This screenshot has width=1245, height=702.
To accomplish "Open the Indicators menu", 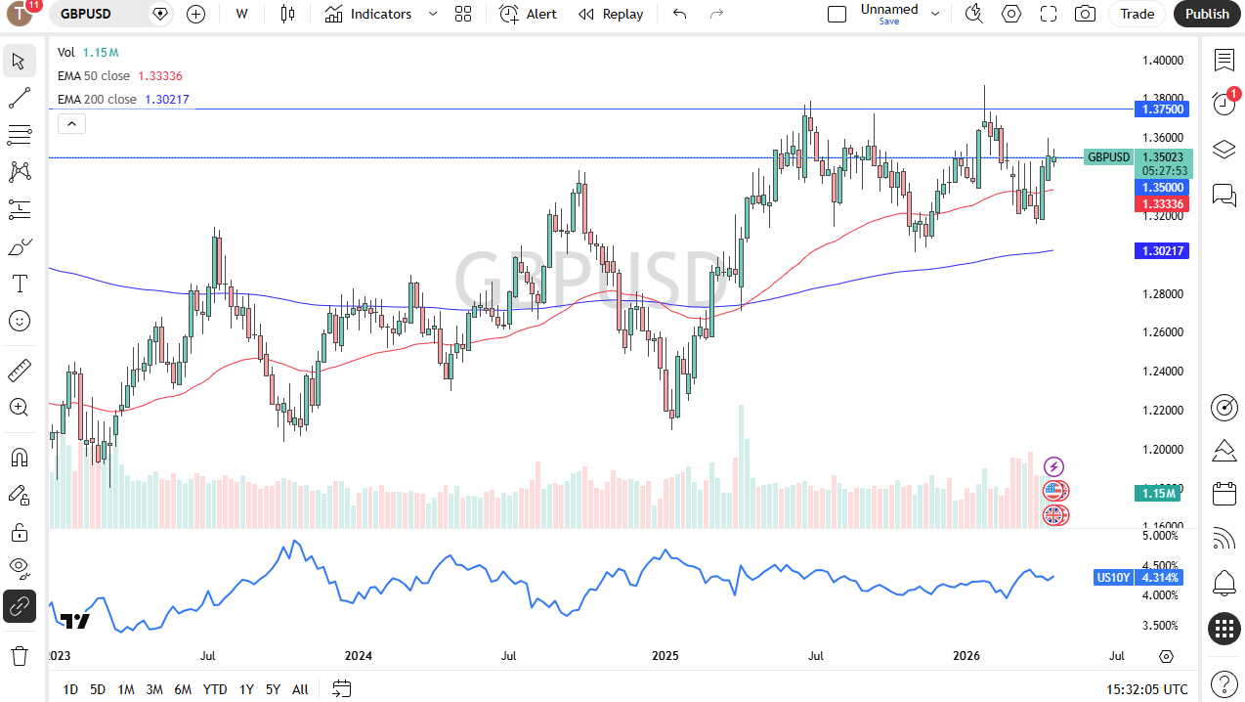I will click(x=369, y=14).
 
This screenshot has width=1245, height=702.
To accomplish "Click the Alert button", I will click(x=529, y=14).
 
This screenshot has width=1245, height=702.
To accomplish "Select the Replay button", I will click(x=611, y=14).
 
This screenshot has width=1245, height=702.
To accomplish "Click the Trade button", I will click(x=1137, y=14).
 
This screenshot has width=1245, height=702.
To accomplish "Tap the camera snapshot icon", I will click(x=1085, y=14).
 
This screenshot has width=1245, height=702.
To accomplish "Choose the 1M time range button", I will click(x=126, y=689).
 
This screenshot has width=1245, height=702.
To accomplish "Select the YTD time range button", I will click(x=215, y=689).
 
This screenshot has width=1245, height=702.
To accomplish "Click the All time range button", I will click(x=300, y=689).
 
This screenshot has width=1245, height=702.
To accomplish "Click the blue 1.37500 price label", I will click(x=1159, y=110).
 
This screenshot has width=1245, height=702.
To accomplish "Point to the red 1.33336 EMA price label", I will click(x=1159, y=204).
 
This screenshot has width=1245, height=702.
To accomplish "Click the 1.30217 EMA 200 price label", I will click(x=1159, y=251).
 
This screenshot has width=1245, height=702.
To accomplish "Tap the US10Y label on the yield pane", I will click(x=1112, y=578).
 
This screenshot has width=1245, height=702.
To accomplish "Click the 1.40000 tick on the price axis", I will click(x=1163, y=61).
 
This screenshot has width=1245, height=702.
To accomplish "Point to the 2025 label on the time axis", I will click(x=665, y=656).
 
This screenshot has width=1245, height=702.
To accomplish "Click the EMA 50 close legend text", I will click(x=94, y=76).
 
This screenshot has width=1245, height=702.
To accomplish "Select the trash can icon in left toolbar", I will click(x=19, y=655).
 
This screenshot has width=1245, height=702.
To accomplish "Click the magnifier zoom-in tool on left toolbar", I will click(x=19, y=407).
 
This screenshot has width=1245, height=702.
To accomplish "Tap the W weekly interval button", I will click(x=241, y=14).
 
